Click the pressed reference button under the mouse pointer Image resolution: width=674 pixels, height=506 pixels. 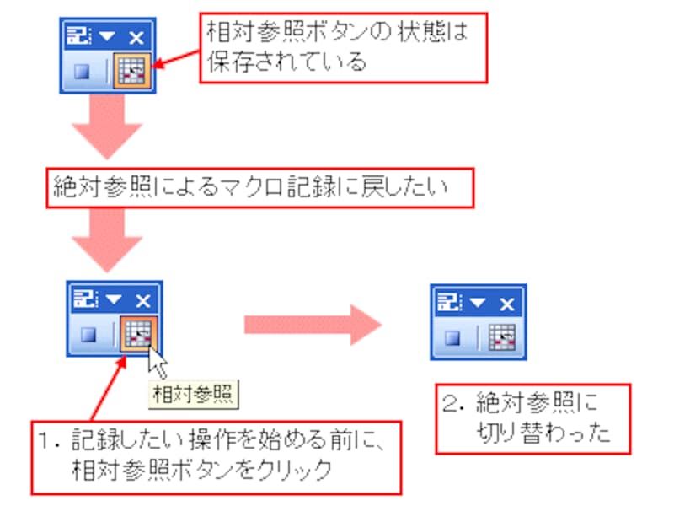[136, 333]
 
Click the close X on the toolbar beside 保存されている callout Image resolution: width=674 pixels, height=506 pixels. [135, 37]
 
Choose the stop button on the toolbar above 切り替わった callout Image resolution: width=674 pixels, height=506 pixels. [452, 336]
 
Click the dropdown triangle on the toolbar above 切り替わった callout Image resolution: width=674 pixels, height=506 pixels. [479, 302]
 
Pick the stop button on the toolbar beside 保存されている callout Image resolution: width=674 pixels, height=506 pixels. [82, 72]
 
